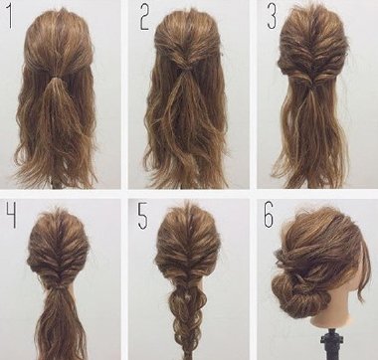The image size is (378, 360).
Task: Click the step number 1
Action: click(x=10, y=16)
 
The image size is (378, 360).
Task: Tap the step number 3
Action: click(x=272, y=17)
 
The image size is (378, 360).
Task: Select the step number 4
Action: click(x=11, y=216)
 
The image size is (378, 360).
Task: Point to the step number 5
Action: click(x=142, y=216)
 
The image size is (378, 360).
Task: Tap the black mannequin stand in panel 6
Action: click(x=330, y=344)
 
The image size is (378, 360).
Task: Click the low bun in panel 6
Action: click(x=295, y=295)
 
